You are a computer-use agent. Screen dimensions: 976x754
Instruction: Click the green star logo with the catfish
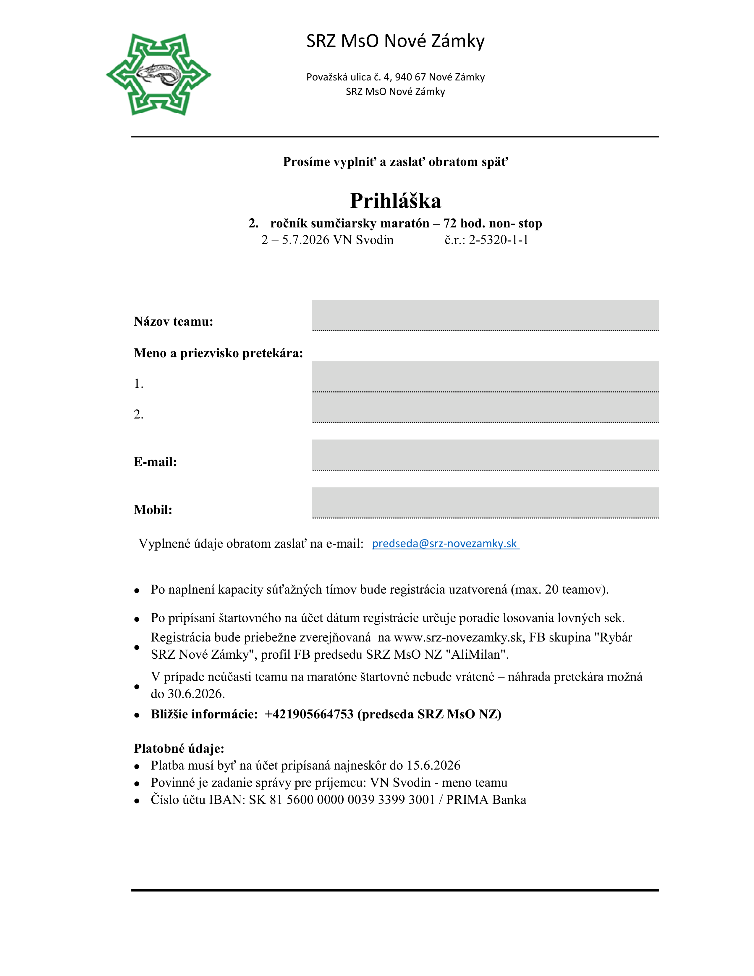[x=158, y=74]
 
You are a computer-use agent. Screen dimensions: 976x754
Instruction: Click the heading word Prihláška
[x=395, y=201]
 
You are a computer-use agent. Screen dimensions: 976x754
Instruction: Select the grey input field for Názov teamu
[x=485, y=315]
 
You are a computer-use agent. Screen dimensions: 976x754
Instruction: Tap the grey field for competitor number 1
[x=485, y=376]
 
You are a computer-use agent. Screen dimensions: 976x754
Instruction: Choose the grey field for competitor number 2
[x=485, y=407]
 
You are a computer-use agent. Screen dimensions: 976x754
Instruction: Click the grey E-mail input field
[x=485, y=455]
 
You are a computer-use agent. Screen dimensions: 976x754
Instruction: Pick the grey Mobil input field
[x=485, y=502]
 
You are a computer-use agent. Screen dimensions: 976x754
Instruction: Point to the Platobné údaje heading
[x=179, y=748]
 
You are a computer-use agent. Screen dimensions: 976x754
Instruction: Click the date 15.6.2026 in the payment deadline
[x=433, y=765]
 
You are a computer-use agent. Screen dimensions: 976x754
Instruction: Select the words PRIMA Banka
[x=486, y=799]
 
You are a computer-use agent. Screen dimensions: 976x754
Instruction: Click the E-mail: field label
[x=155, y=462]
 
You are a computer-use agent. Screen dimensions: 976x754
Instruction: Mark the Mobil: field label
[x=153, y=510]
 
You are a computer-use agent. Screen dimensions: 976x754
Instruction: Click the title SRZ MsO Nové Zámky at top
[x=395, y=41]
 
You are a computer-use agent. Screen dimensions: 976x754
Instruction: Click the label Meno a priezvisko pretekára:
[x=218, y=353]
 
